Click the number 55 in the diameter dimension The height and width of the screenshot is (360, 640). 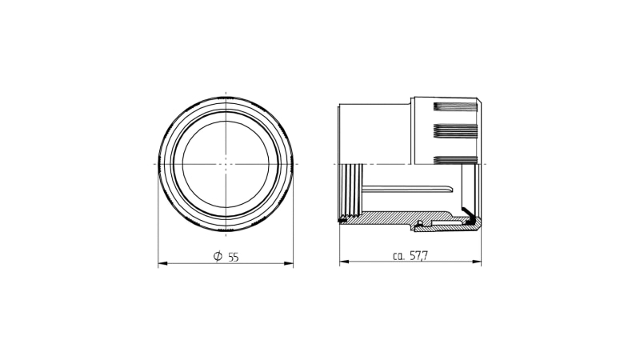[x=233, y=257]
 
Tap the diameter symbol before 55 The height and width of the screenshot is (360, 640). [x=218, y=256]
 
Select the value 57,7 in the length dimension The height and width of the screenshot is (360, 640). [x=418, y=256]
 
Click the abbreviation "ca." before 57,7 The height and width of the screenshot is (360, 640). [x=398, y=256]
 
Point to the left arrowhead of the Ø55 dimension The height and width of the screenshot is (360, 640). [x=163, y=263]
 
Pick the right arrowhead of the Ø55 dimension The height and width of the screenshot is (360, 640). [x=289, y=263]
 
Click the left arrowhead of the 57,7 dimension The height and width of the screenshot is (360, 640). [x=345, y=262]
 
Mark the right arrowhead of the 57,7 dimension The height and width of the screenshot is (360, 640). [x=476, y=262]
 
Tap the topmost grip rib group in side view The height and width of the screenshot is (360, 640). [x=455, y=107]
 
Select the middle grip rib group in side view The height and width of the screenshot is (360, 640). [x=455, y=130]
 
